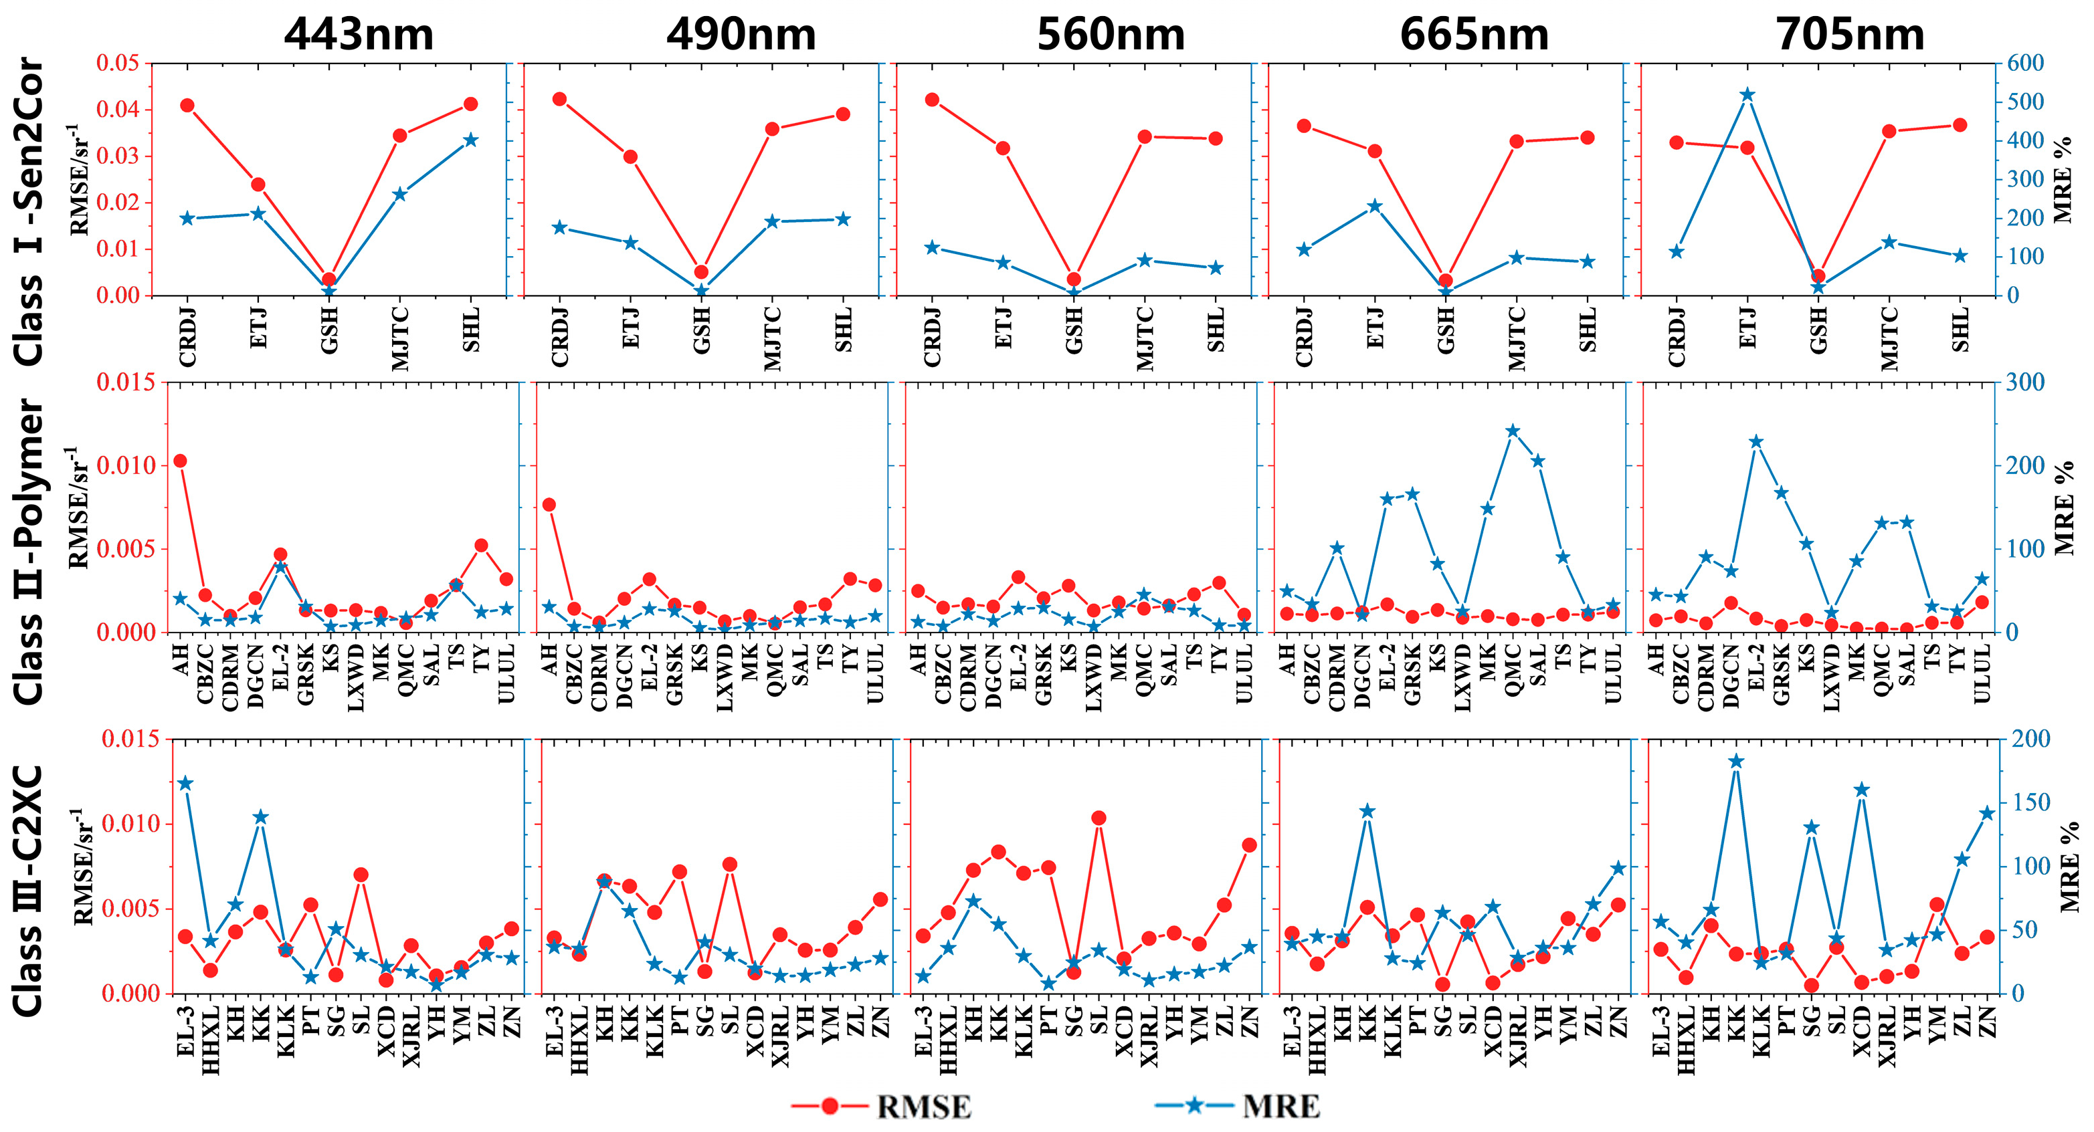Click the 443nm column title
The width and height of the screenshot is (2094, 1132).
click(x=359, y=34)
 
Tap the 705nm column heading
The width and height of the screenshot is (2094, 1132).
click(x=1849, y=34)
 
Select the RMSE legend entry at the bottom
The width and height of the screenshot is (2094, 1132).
click(x=923, y=1107)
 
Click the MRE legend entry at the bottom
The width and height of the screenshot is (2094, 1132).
click(x=1280, y=1107)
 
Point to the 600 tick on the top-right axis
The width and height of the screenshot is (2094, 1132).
click(x=2024, y=63)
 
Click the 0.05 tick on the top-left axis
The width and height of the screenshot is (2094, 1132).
click(x=118, y=63)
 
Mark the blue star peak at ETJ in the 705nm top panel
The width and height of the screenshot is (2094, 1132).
click(x=1747, y=94)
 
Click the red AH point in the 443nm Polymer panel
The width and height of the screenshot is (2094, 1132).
click(x=181, y=461)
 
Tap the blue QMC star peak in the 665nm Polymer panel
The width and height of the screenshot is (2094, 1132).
click(x=1513, y=431)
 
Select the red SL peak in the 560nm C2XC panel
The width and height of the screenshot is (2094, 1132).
click(x=1099, y=818)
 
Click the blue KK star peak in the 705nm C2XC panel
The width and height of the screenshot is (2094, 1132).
click(x=1736, y=762)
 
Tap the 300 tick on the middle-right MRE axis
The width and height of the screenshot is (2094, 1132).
click(x=2024, y=382)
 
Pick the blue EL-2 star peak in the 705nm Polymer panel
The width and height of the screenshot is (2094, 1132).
click(x=1756, y=442)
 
